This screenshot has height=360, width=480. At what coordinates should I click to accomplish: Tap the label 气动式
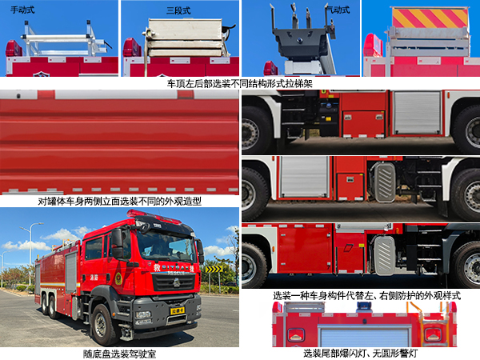(338, 10)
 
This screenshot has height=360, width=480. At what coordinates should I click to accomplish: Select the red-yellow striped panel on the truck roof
(429, 18)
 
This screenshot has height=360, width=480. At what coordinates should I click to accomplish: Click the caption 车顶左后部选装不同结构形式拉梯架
(240, 82)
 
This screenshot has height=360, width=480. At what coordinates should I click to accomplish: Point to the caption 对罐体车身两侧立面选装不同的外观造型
(120, 202)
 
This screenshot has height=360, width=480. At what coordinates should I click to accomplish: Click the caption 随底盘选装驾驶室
(119, 353)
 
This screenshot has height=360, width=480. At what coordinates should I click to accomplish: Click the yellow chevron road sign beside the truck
(213, 269)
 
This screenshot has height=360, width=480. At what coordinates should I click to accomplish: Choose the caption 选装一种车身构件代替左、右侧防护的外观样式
(366, 294)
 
